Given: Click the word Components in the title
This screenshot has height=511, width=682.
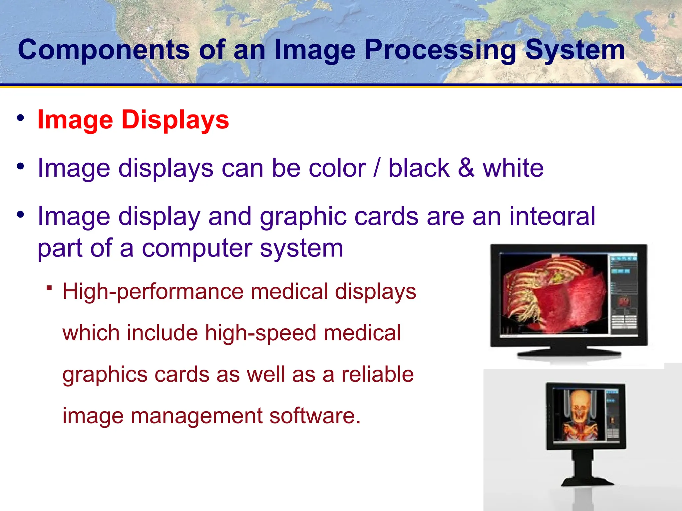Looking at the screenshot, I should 103,50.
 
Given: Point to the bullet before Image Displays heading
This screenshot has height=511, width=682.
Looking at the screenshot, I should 21,118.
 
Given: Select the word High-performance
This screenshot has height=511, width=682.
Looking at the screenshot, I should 153,292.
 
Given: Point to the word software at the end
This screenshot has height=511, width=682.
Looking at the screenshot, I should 315,416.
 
